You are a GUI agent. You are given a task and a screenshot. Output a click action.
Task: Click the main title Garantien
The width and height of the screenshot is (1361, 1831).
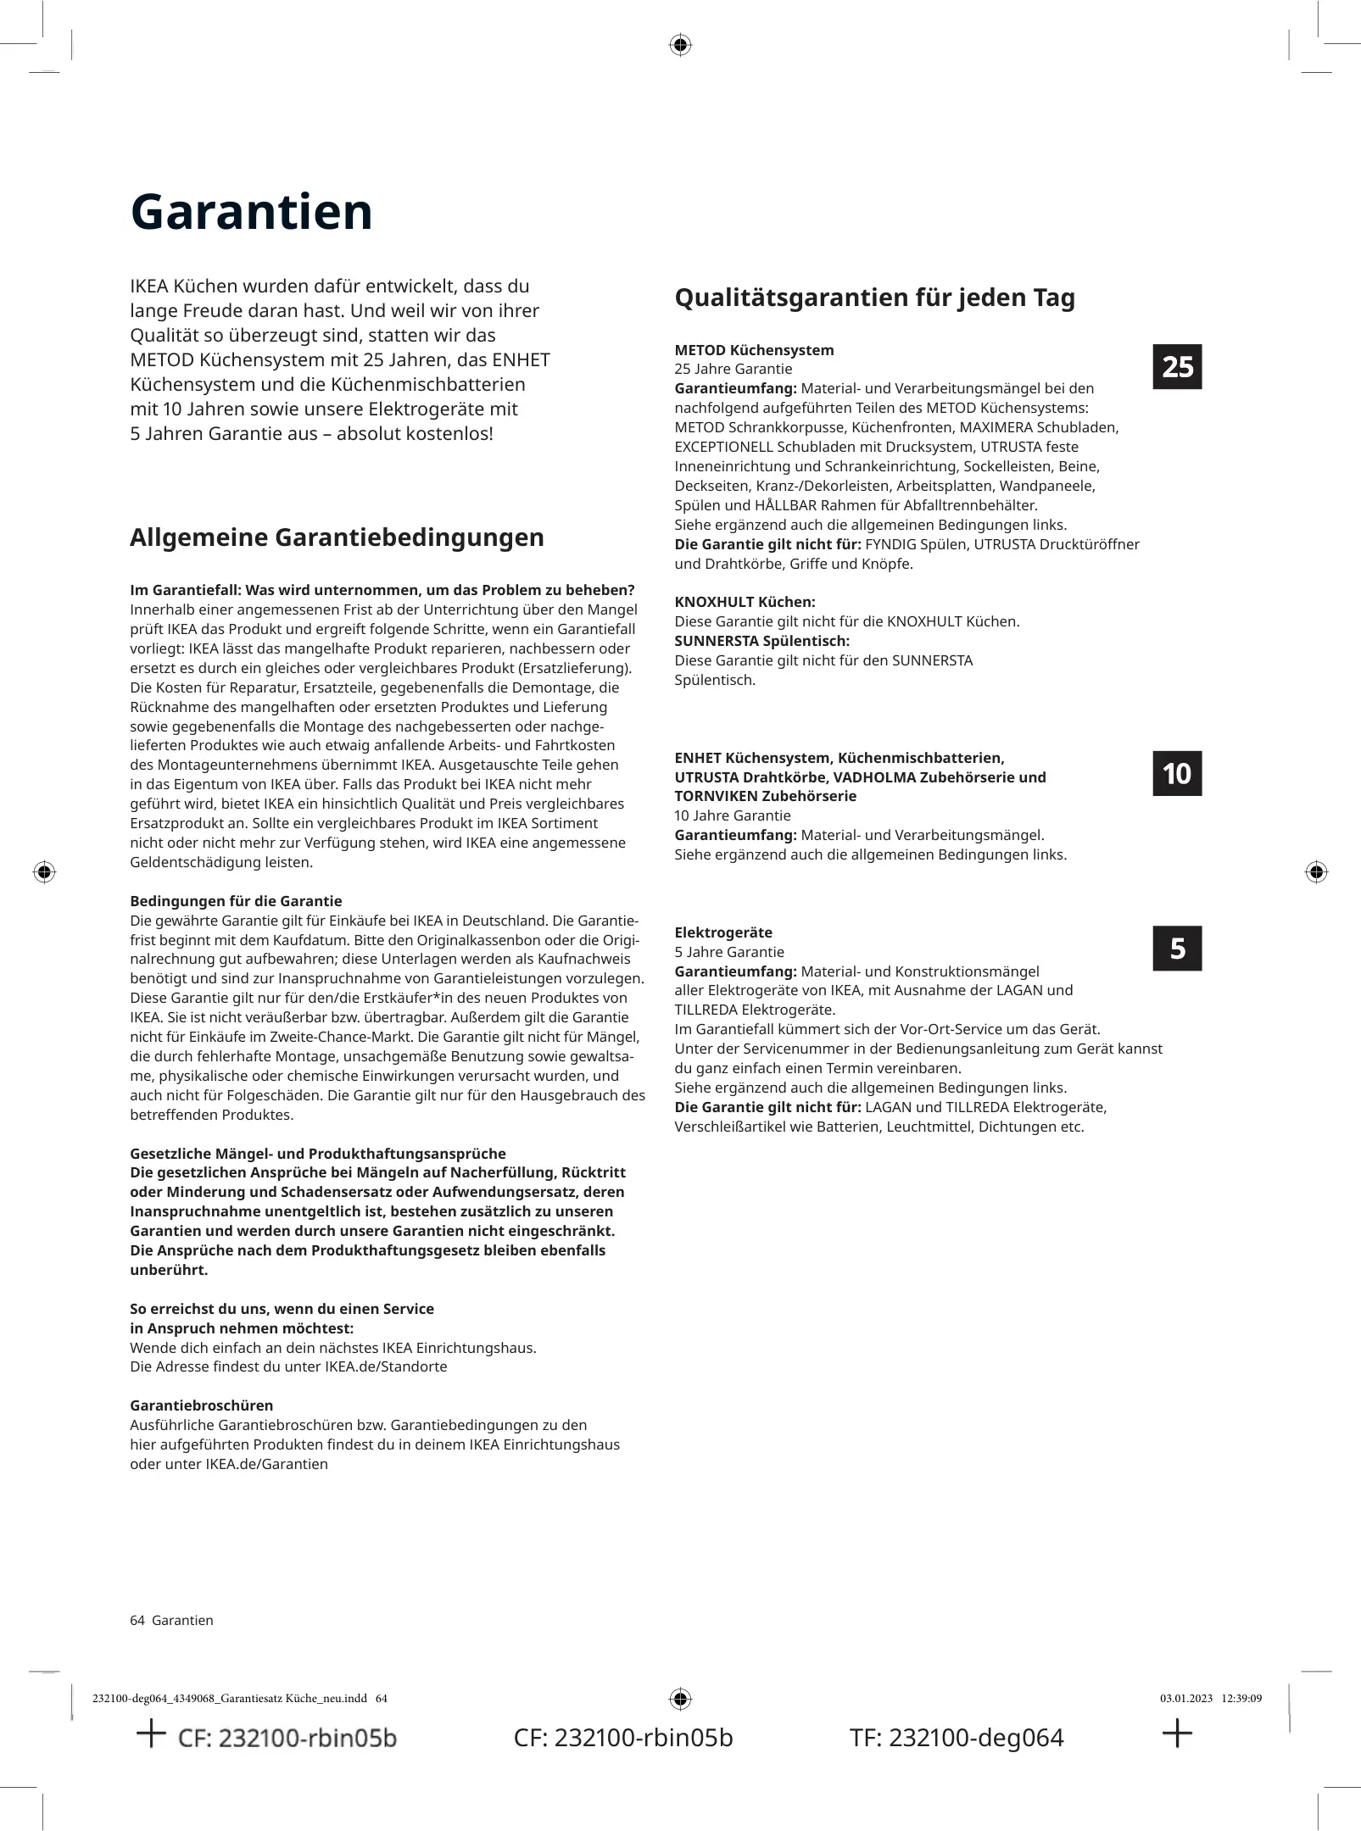tap(251, 212)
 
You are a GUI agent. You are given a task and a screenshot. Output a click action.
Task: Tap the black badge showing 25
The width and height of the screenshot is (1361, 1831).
tap(1177, 367)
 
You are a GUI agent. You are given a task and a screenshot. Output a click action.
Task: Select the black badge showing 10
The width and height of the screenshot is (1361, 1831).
tap(1177, 773)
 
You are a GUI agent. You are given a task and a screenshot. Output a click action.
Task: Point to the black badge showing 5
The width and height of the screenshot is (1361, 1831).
tap(1177, 948)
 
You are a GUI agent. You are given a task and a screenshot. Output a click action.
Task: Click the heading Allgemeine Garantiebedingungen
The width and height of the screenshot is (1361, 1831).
tap(337, 537)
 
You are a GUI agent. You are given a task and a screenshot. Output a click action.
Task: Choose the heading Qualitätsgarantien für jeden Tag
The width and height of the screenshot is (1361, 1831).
tap(874, 298)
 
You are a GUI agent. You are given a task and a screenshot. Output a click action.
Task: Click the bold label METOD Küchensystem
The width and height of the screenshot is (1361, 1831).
tap(754, 350)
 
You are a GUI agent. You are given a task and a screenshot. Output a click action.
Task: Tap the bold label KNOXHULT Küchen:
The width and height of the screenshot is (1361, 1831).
tap(745, 602)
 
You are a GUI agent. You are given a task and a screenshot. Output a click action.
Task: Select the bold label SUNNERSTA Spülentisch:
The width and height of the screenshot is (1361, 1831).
tap(761, 641)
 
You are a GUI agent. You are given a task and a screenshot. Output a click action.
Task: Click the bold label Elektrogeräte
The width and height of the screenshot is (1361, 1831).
tap(723, 932)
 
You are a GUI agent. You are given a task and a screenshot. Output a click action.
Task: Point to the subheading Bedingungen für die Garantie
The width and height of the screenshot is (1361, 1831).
tap(236, 901)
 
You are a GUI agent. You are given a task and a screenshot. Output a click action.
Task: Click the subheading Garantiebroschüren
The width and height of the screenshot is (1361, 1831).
tap(201, 1405)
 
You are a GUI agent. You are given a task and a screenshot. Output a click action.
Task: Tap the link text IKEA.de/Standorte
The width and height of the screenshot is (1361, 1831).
tap(386, 1366)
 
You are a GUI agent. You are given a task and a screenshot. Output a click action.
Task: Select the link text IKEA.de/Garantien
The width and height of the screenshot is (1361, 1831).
tap(266, 1464)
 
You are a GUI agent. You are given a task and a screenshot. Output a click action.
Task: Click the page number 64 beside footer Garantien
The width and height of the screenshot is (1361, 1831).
tap(137, 1620)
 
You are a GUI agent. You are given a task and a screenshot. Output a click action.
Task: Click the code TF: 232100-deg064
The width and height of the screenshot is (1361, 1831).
tap(956, 1738)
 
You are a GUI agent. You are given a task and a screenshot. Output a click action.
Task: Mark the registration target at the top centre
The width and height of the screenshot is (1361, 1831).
tap(680, 45)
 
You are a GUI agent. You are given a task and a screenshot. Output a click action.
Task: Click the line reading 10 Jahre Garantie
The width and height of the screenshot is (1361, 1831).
tap(732, 815)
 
